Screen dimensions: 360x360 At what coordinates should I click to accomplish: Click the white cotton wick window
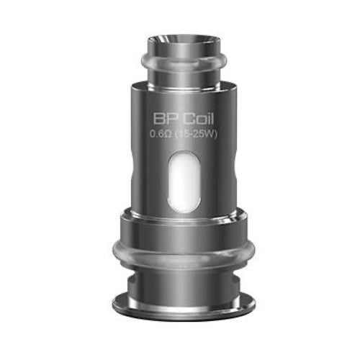(x=184, y=181)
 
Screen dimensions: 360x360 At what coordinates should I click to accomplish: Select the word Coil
(x=199, y=119)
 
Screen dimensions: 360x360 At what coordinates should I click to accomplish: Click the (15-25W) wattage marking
(x=196, y=134)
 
